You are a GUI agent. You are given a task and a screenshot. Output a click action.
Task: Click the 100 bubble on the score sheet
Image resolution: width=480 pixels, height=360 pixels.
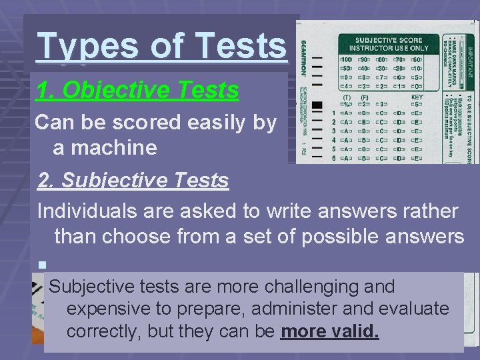tap(346, 59)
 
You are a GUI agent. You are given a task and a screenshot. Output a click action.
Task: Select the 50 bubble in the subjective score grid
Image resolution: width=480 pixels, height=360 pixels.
tap(346, 68)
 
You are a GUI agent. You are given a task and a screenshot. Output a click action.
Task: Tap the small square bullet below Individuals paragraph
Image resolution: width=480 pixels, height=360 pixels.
tap(41, 265)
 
